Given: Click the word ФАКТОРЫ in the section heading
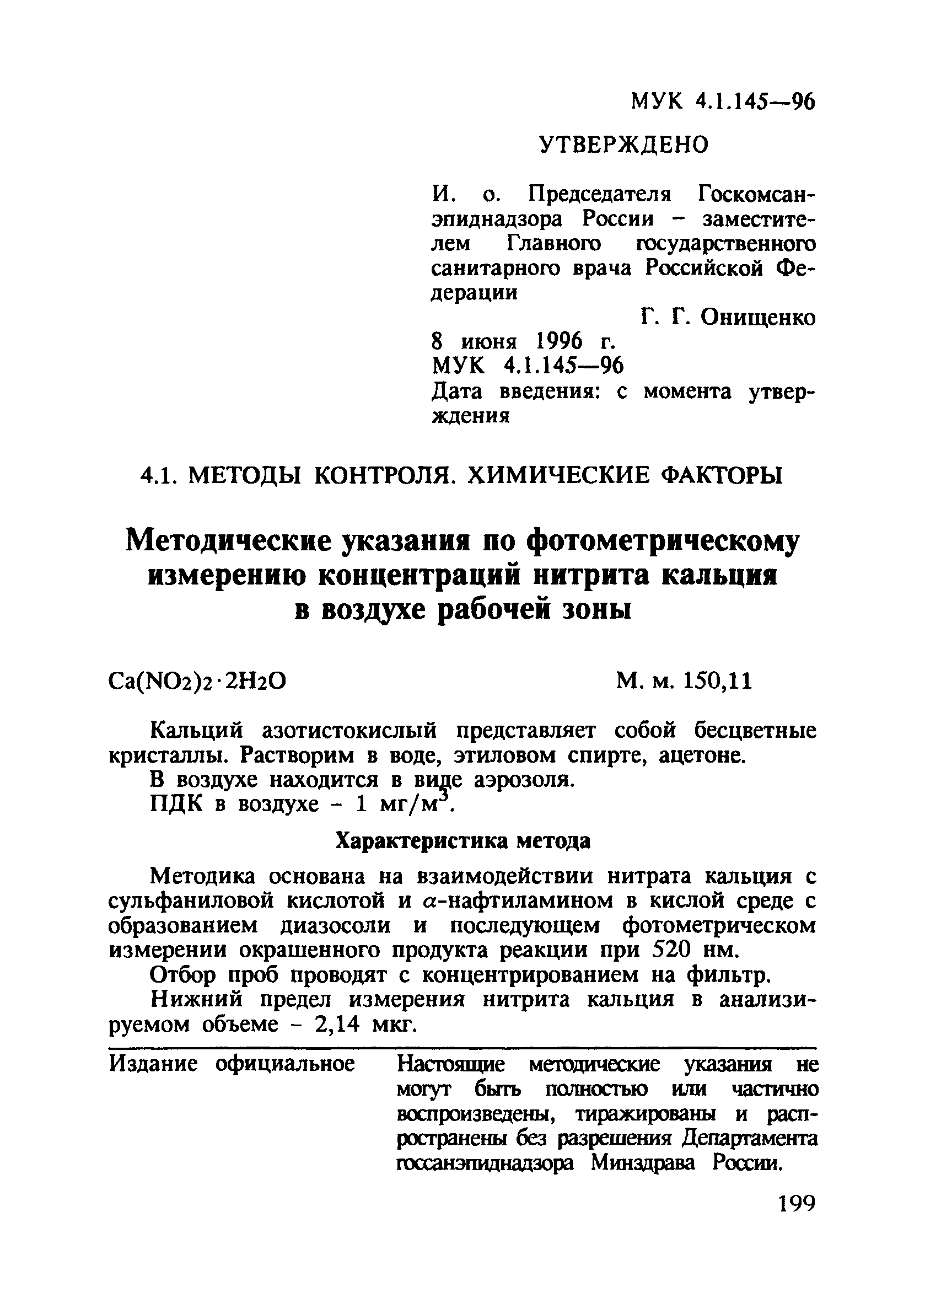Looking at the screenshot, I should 724,475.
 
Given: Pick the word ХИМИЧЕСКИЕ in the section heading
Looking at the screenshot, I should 559,475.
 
